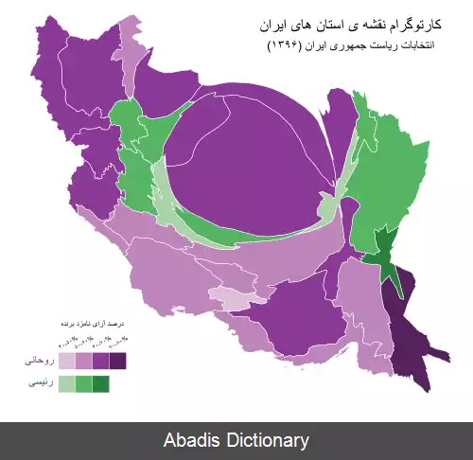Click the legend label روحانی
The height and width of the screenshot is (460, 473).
(38, 361)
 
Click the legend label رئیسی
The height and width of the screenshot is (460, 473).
(39, 383)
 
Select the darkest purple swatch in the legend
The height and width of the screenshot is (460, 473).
(117, 361)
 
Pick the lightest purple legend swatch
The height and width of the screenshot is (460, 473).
(67, 361)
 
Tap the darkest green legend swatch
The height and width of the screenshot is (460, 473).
(100, 383)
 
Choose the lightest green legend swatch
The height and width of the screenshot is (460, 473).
(67, 383)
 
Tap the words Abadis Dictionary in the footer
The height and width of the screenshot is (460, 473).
(236, 440)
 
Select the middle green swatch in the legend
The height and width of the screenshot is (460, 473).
(84, 383)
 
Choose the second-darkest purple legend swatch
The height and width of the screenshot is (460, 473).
(100, 361)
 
